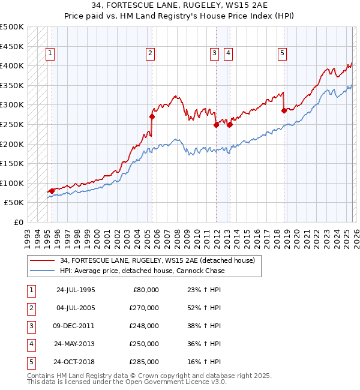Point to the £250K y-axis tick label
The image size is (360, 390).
(x=12, y=124)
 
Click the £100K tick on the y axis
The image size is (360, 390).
(x=12, y=183)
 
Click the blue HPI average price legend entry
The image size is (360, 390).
(x=142, y=271)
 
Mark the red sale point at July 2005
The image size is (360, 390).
(x=152, y=116)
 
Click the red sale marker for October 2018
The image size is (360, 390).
(x=284, y=110)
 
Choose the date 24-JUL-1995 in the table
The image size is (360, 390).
(x=75, y=290)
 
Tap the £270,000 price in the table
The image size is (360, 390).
(x=144, y=308)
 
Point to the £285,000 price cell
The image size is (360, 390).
(x=144, y=362)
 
